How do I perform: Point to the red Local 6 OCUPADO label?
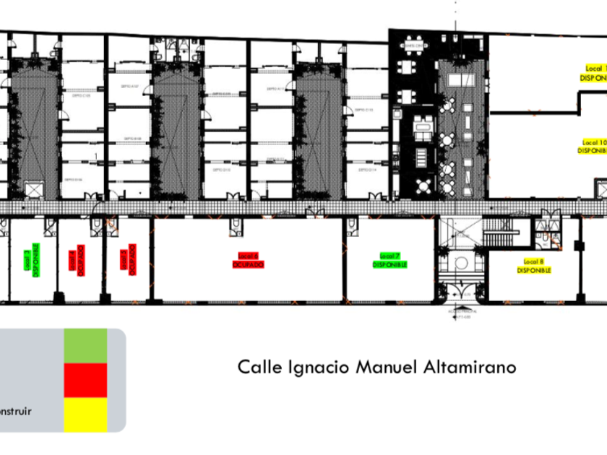pos(248,260)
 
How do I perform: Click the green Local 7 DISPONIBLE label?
pos(390,260)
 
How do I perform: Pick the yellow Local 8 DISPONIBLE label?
pos(534,265)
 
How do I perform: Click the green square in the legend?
pos(85,345)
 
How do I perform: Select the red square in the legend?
pos(85,380)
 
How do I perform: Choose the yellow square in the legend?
pos(85,415)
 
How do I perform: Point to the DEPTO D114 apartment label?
pos(369,171)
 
